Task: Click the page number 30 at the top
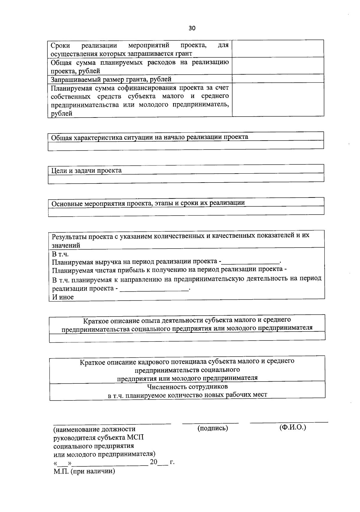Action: (x=192, y=28)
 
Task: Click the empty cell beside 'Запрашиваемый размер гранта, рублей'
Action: (x=278, y=79)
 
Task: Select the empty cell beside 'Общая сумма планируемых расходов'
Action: (x=278, y=66)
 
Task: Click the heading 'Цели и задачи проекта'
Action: (x=86, y=171)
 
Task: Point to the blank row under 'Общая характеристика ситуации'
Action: (x=186, y=145)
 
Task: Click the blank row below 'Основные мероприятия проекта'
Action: (x=186, y=210)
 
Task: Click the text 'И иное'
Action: (x=63, y=297)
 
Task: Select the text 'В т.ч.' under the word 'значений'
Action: (x=60, y=254)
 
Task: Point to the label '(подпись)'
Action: (x=213, y=428)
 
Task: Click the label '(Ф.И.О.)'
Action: (x=292, y=427)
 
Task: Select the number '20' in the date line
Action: (x=154, y=462)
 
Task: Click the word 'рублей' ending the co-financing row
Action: (x=61, y=113)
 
